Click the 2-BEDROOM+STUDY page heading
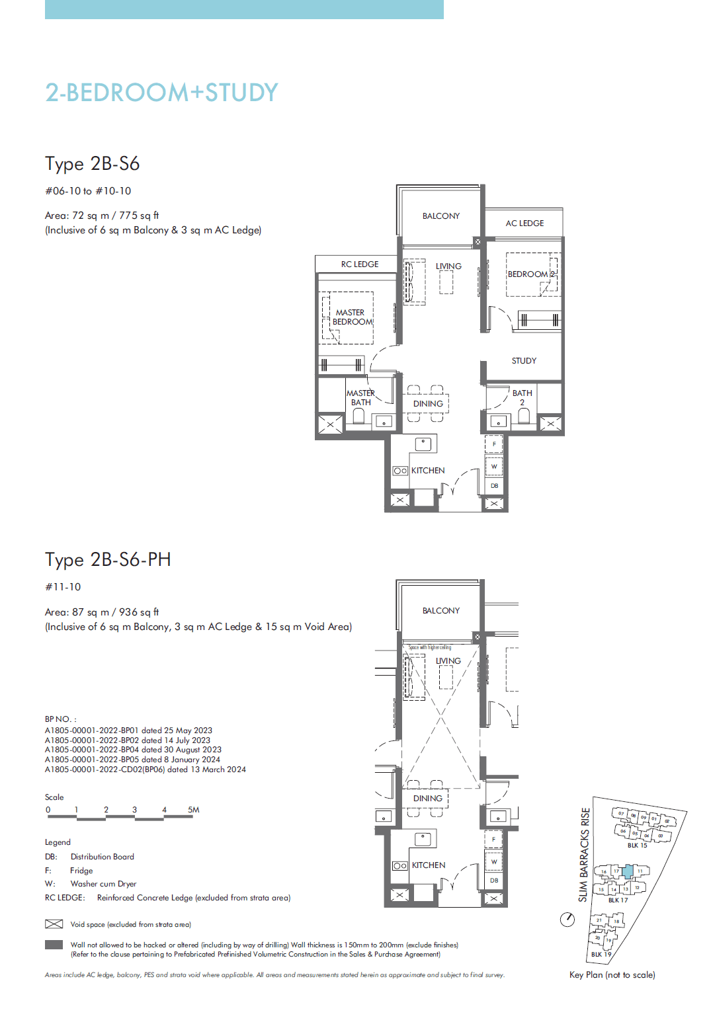[x=161, y=93]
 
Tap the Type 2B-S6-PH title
[x=108, y=560]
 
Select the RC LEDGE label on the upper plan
[x=360, y=264]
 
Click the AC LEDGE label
[x=524, y=223]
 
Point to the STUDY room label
[x=524, y=361]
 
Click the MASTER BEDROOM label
[x=351, y=317]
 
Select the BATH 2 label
[x=522, y=397]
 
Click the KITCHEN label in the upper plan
[x=428, y=471]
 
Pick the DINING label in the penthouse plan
[x=428, y=799]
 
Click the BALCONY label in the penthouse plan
[x=441, y=611]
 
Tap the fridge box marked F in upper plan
[x=494, y=444]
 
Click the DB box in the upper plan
[x=494, y=486]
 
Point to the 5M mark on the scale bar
[x=193, y=810]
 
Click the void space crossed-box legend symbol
[x=54, y=924]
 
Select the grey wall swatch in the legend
[x=54, y=945]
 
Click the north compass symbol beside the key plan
[x=567, y=920]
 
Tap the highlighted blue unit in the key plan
[x=628, y=871]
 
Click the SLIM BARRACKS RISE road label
[x=584, y=855]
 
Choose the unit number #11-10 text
[x=63, y=587]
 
